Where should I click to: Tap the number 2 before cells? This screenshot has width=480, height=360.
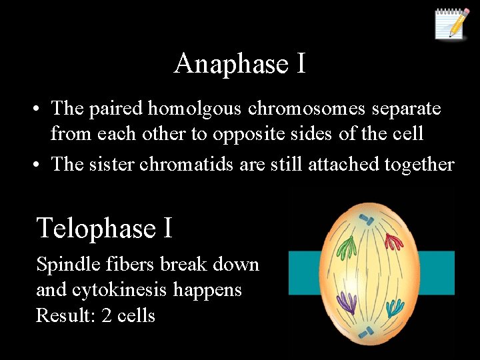pos(107,315)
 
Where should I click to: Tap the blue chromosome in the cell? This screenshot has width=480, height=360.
pos(394,307)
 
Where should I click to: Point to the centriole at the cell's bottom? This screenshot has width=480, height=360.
pos(366,332)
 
